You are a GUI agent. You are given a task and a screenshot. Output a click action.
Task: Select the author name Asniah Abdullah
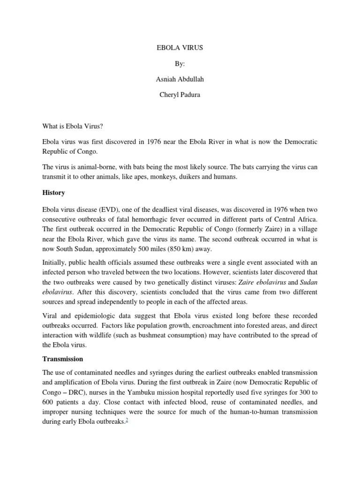click(x=180, y=79)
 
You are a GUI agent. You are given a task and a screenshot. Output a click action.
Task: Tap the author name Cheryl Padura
click(x=180, y=95)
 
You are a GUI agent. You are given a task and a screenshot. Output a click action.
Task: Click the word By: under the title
click(x=180, y=63)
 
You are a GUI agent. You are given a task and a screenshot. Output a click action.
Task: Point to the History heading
click(x=53, y=193)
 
